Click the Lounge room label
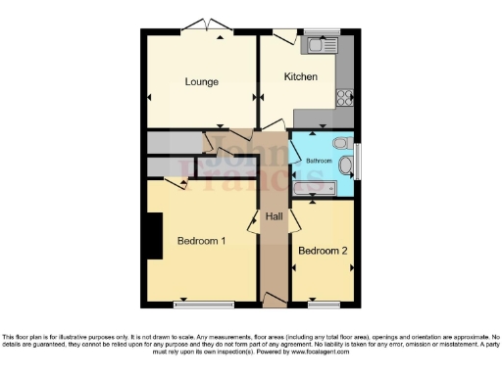[201, 81]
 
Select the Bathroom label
[319, 159]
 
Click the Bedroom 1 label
[201, 241]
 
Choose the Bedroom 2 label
[323, 251]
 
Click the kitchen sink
[319, 45]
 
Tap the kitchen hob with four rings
[345, 97]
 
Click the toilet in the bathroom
[341, 143]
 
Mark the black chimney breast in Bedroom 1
[153, 236]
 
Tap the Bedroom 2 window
[323, 302]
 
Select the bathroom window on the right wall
[358, 162]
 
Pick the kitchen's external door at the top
[283, 35]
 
